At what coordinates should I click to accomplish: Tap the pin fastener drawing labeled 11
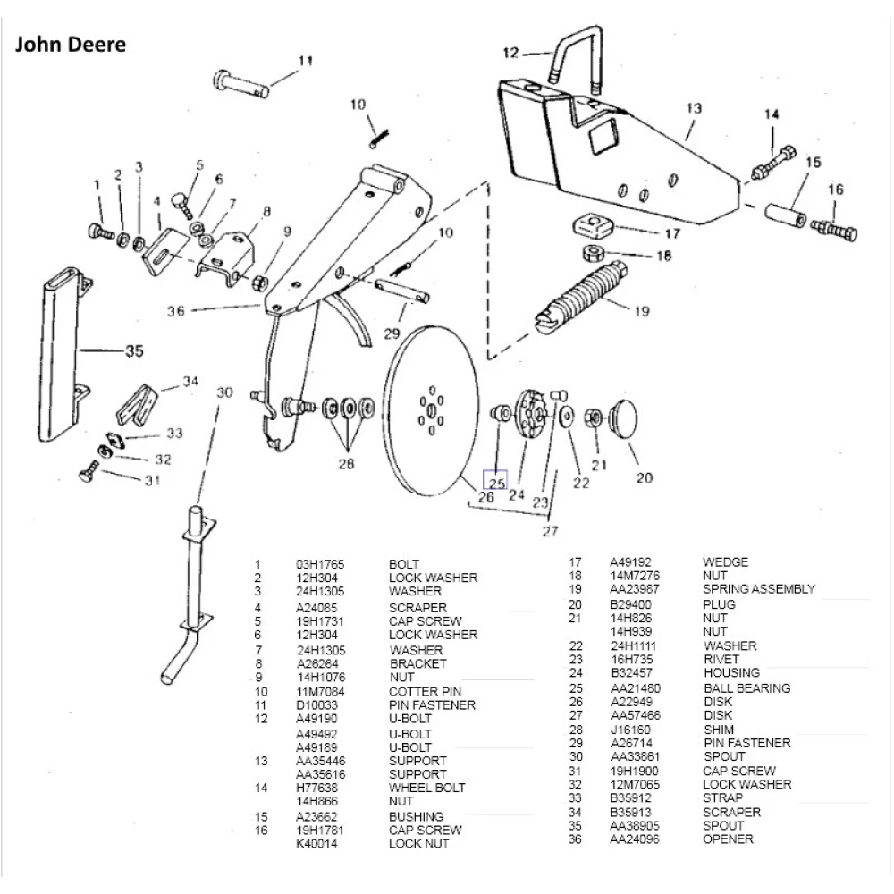pos(241,81)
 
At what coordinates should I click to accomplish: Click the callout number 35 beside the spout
pos(132,350)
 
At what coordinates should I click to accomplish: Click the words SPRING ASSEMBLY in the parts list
pos(759,589)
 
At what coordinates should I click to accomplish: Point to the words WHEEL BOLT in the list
pos(426,788)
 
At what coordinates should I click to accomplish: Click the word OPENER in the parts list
pos(728,839)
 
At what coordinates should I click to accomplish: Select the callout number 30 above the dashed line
pos(224,392)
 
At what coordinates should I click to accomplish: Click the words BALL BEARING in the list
pos(746,688)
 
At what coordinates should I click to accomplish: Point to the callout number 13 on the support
pos(694,108)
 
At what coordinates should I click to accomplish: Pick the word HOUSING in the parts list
pos(731,672)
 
